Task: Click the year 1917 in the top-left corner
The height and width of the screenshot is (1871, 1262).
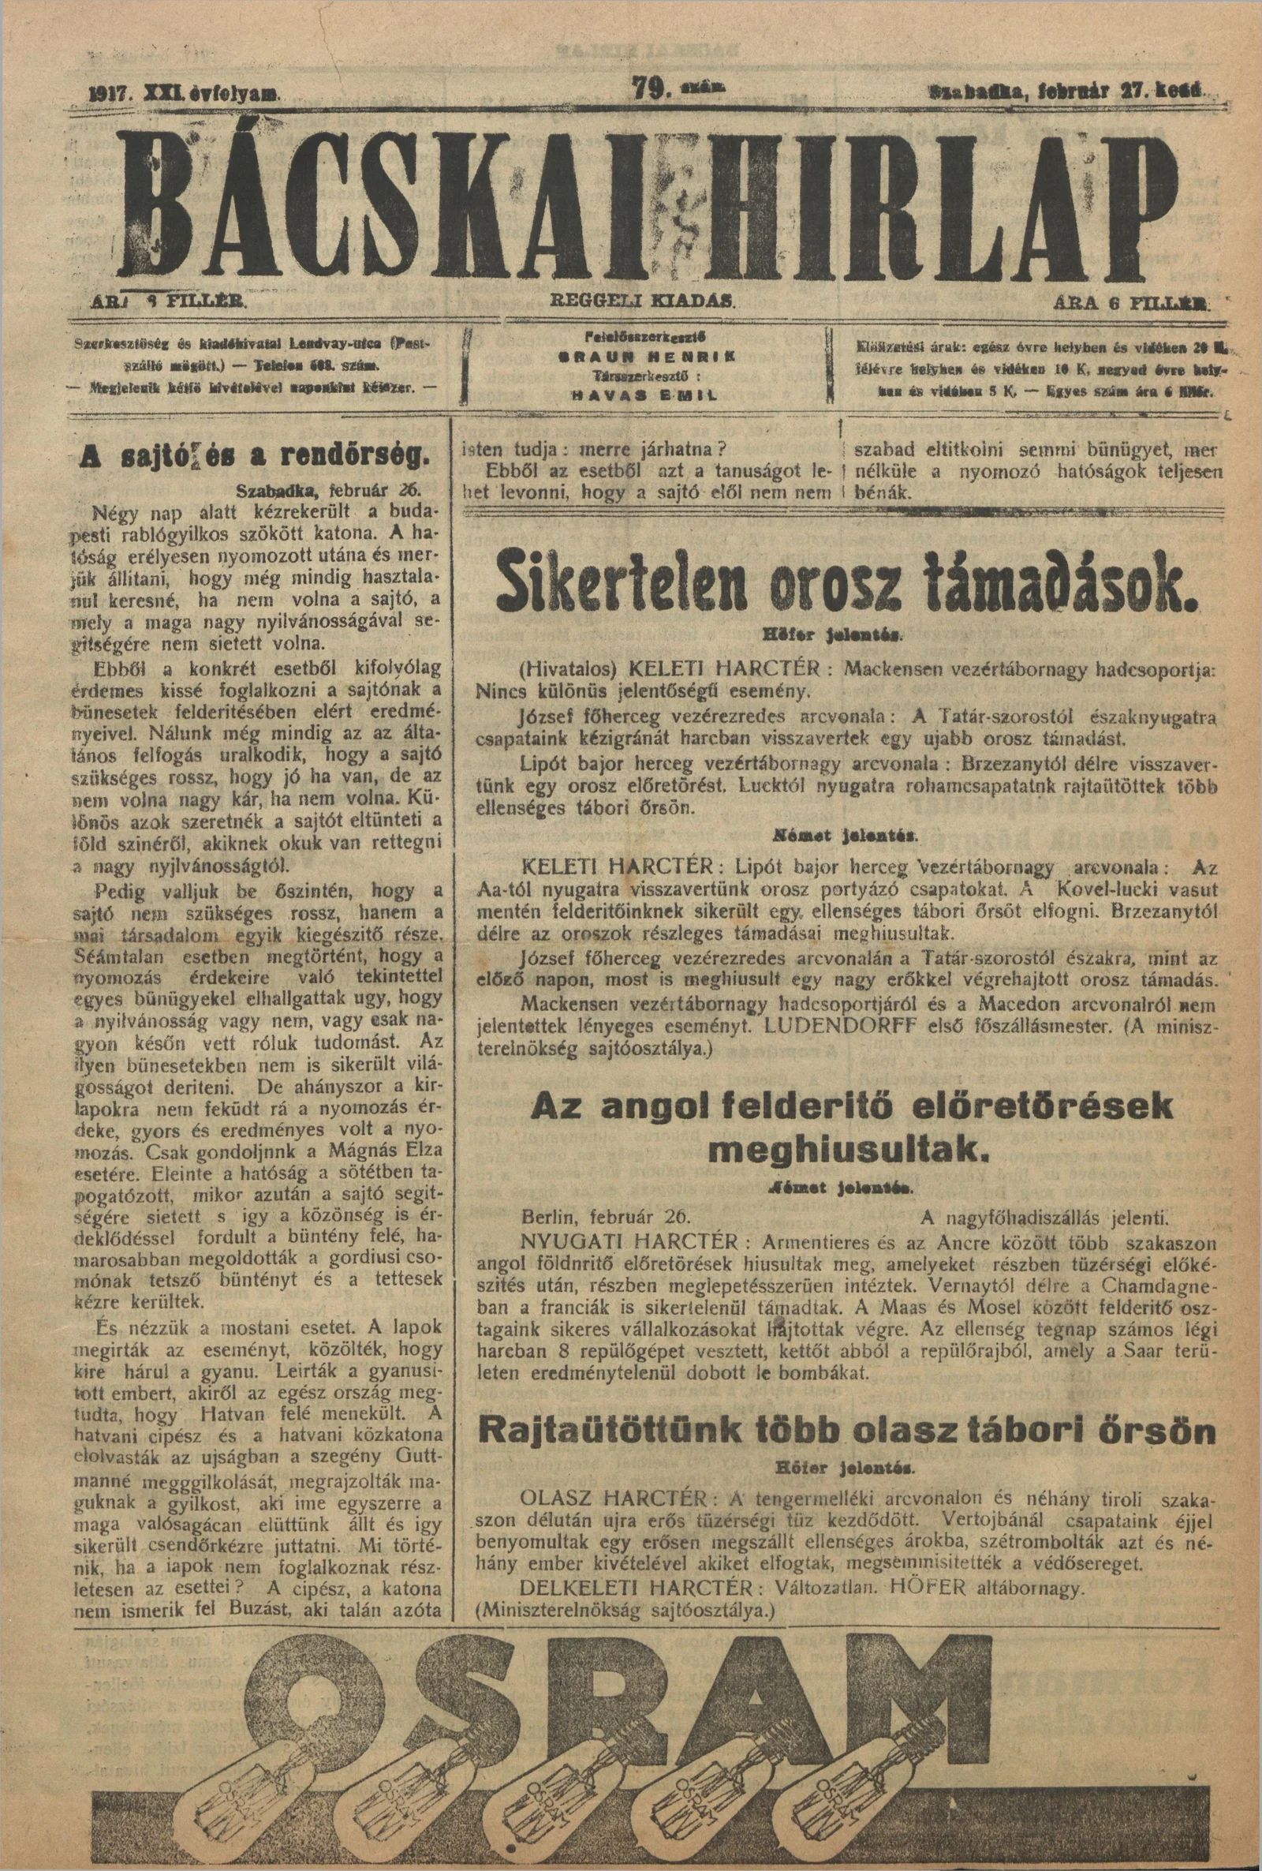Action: pos(109,92)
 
